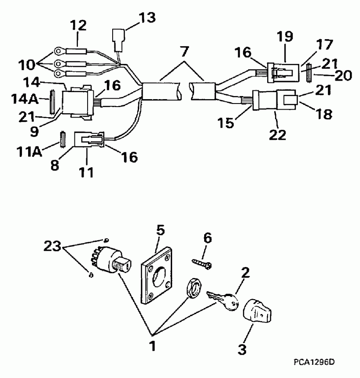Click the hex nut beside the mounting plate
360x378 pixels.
(193, 289)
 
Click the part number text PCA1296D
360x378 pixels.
(313, 362)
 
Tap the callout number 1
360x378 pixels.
(153, 347)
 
